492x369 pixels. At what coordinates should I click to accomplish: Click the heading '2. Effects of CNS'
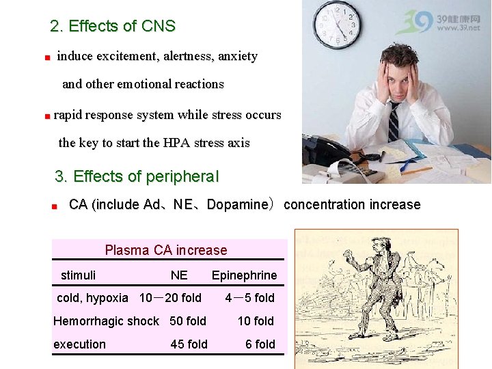click(x=113, y=27)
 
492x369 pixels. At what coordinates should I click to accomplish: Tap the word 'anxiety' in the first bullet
click(x=237, y=56)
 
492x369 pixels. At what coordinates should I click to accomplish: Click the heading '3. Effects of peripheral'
click(x=137, y=176)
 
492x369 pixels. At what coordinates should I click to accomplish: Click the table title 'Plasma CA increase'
click(x=166, y=250)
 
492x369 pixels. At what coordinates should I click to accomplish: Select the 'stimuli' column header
click(x=78, y=275)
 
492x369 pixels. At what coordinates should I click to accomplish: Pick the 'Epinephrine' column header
click(x=244, y=275)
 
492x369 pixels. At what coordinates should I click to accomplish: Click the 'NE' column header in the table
click(x=179, y=275)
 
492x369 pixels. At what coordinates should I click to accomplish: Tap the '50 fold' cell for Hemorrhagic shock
click(x=188, y=321)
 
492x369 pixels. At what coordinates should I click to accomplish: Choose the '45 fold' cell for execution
click(x=189, y=344)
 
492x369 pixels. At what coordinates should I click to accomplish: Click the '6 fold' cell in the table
click(x=260, y=344)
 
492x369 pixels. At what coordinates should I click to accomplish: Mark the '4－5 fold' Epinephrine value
click(x=249, y=298)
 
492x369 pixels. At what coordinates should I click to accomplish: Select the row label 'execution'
click(x=80, y=344)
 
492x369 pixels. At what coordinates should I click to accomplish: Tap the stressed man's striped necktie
click(x=394, y=122)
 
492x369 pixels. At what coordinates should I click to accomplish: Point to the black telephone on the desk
click(x=327, y=150)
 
